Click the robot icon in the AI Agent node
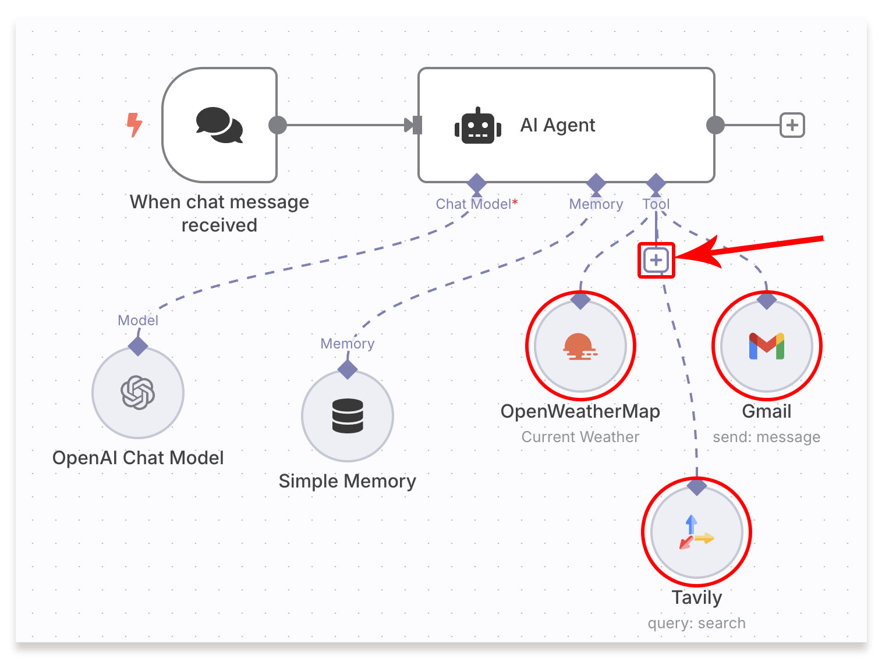point(478,126)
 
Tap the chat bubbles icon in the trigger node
point(219,125)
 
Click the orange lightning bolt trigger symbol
point(134,124)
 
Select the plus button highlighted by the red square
point(656,260)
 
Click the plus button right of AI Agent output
point(792,125)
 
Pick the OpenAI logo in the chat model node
point(138,393)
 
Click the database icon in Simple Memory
point(348,416)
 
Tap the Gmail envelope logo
point(766,346)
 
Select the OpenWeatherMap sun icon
point(580,347)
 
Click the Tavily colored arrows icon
point(696,532)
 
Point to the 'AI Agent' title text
point(557,125)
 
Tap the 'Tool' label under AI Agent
point(656,204)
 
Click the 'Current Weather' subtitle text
point(580,437)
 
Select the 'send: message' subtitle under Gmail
point(766,437)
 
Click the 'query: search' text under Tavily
point(696,623)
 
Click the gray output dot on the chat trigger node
point(278,125)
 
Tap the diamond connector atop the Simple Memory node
point(348,369)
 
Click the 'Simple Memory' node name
point(347,481)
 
